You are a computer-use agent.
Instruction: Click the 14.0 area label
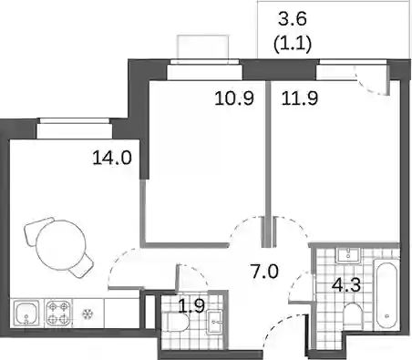(x=112, y=158)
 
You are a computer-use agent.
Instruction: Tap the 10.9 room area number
(x=234, y=98)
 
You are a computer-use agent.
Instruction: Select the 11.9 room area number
(x=300, y=98)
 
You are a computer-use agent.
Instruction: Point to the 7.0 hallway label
(x=264, y=272)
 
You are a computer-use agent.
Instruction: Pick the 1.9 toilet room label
(x=191, y=306)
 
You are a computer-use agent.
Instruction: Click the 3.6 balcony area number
(x=293, y=19)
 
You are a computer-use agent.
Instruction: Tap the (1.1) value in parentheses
(x=293, y=45)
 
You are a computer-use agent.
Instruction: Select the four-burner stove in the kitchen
(x=57, y=314)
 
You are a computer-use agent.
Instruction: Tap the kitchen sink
(x=26, y=314)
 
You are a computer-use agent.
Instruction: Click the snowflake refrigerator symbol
(x=88, y=314)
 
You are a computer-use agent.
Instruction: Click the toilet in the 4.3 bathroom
(x=353, y=316)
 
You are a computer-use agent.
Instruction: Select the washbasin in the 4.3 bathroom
(x=348, y=255)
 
